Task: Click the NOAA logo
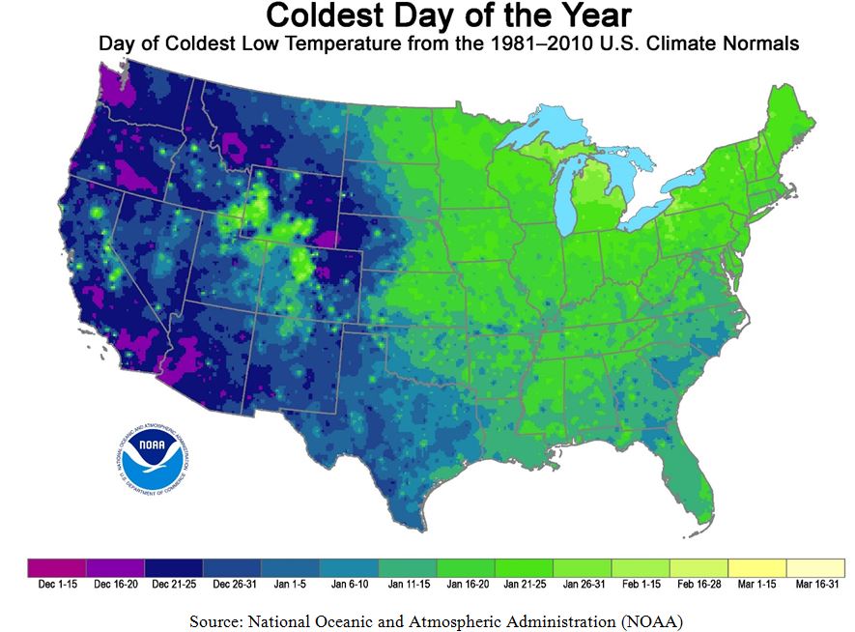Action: tap(150, 454)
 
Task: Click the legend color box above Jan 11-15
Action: tap(407, 565)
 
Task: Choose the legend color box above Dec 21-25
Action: tap(173, 565)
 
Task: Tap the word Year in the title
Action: tap(594, 16)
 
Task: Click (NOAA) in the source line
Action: tap(651, 618)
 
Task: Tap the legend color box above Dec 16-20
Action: tap(115, 565)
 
